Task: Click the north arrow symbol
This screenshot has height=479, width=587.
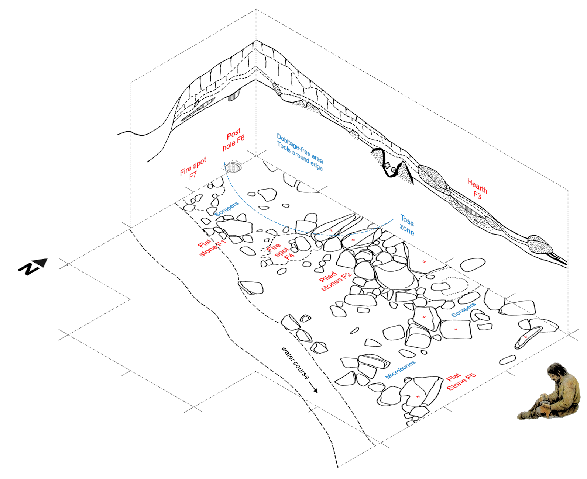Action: [33, 266]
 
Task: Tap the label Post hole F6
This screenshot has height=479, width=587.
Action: [233, 139]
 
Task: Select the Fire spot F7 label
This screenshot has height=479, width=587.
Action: [193, 169]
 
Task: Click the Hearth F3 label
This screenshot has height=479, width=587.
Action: [477, 189]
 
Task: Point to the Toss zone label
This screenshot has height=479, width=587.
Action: [406, 225]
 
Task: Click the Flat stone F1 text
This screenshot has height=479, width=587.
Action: [212, 247]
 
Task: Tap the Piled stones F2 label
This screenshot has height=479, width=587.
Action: [334, 281]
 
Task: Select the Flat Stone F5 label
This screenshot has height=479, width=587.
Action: [461, 381]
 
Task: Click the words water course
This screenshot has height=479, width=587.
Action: [295, 362]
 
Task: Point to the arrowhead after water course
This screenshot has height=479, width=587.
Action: [315, 391]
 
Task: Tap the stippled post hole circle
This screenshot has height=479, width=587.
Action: [233, 168]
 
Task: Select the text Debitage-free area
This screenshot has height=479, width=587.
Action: [300, 148]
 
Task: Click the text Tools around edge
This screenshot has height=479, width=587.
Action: [300, 156]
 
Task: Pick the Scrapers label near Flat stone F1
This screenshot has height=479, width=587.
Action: [227, 209]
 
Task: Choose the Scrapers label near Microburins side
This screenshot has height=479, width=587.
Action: [463, 310]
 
